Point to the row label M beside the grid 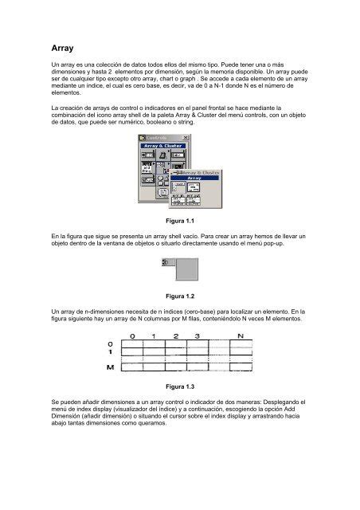tap(111, 367)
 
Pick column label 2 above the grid tap(175, 335)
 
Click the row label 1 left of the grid tap(111, 352)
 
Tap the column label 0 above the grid tap(133, 335)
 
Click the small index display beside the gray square tap(166, 261)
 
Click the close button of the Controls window tap(186, 137)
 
